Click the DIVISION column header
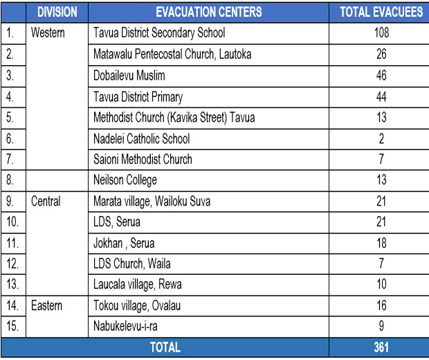(57, 12)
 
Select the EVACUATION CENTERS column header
(208, 12)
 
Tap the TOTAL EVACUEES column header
(381, 12)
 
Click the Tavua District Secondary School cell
(159, 33)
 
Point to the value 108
(381, 33)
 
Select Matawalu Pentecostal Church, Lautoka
(172, 54)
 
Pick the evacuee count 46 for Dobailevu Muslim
(381, 75)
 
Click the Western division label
(48, 33)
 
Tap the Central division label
(46, 201)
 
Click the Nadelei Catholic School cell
(141, 138)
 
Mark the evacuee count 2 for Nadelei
(381, 138)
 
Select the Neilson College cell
(125, 181)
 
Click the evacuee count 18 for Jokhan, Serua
(381, 243)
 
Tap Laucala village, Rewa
(138, 285)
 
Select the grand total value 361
(381, 348)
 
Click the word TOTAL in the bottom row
(165, 348)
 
